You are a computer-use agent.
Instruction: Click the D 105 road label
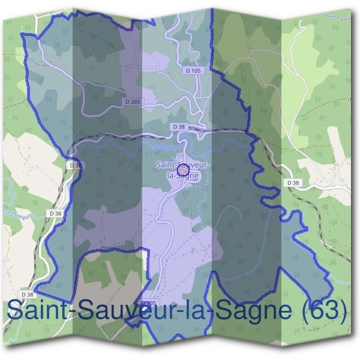tap(193, 71)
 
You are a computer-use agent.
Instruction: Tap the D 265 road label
tap(133, 102)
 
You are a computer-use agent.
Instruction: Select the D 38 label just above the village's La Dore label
tap(178, 127)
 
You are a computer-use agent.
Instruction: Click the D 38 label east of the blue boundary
tap(293, 182)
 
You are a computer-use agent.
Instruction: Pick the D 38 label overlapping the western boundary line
tap(75, 164)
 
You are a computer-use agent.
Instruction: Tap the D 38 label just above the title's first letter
tap(27, 295)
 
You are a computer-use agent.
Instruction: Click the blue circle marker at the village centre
tap(184, 172)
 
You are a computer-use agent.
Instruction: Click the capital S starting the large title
tap(14, 311)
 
